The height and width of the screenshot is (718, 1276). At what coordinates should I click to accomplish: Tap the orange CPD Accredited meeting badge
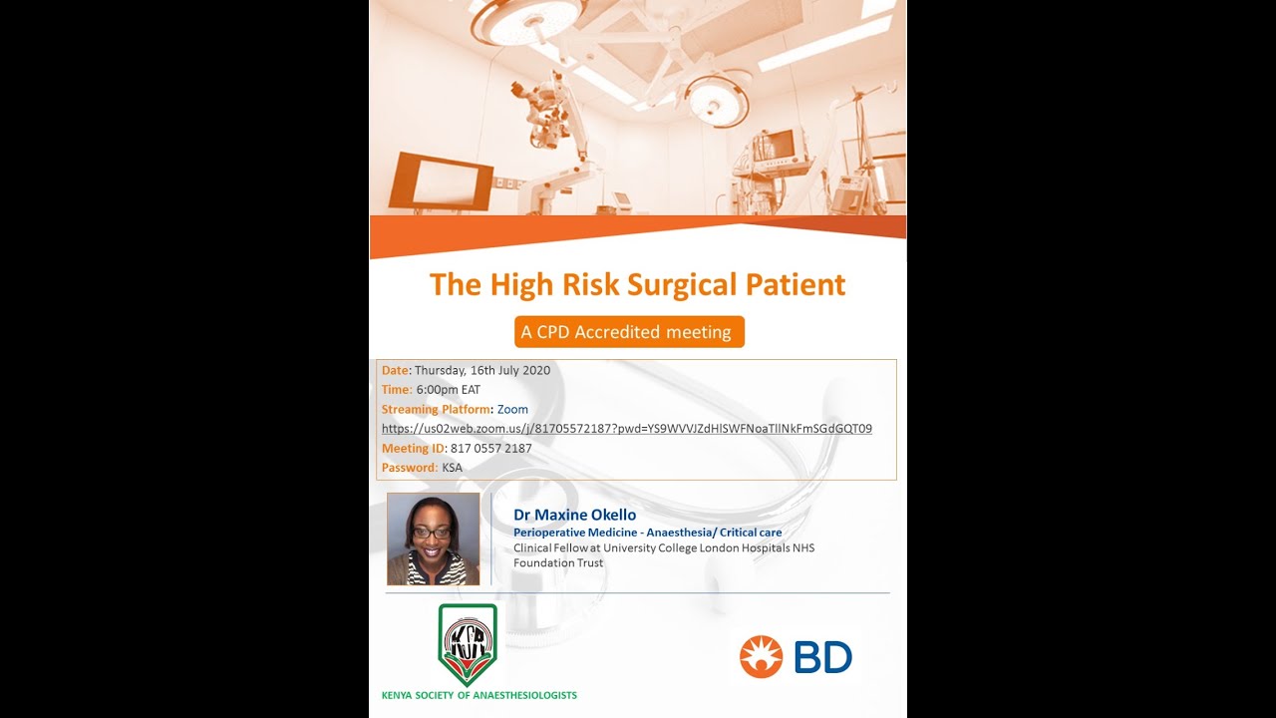[629, 332]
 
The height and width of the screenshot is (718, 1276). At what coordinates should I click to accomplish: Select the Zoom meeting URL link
[626, 429]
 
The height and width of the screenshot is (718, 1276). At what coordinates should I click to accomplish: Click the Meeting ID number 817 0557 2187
[490, 449]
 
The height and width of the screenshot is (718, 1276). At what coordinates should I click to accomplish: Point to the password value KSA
[452, 468]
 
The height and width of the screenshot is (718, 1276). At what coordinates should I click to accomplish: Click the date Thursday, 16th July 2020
[481, 370]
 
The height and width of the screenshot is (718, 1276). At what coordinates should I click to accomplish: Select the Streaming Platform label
[436, 410]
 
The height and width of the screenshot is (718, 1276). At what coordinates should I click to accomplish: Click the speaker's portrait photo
[433, 538]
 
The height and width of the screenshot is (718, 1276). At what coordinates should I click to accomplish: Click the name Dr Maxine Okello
[574, 515]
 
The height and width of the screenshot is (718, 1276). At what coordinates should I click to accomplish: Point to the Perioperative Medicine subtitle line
[647, 533]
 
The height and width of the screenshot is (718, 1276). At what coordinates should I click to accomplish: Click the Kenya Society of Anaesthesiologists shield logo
[468, 644]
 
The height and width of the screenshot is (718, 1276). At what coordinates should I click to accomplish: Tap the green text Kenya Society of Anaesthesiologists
[478, 695]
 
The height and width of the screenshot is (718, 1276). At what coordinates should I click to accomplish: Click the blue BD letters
[822, 657]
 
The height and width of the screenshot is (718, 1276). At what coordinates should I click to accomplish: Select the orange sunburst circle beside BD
[762, 657]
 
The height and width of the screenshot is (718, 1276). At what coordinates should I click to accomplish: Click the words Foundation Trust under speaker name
[558, 562]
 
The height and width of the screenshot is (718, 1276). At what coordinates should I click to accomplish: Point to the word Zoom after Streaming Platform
[512, 410]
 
